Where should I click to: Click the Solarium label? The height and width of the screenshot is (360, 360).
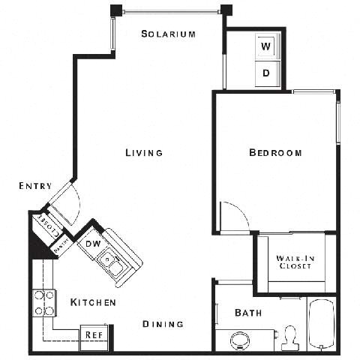point(169,34)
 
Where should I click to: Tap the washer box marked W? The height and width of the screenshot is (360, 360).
point(266,46)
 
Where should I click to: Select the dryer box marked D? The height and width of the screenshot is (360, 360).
point(266,73)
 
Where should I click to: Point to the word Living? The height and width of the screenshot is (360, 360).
point(144,152)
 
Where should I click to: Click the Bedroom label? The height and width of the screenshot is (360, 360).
point(275,152)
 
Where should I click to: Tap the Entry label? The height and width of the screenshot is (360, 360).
point(36,186)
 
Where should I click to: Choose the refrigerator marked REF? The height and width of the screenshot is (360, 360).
point(94,334)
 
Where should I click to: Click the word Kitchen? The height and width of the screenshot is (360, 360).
point(93,302)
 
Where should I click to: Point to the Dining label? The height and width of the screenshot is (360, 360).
point(163,324)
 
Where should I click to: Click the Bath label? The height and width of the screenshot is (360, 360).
point(248,312)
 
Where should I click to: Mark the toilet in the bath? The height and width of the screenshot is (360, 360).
point(289,339)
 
